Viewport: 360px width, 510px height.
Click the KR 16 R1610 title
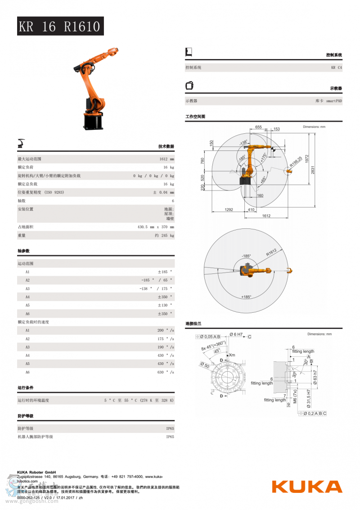[60, 27]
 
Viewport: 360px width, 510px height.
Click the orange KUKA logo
[306, 487]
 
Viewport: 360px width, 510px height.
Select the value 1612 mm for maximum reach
[166, 159]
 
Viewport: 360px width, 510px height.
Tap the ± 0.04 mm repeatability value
[163, 192]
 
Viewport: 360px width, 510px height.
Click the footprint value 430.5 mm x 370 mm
[156, 227]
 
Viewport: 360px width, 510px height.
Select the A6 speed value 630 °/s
[166, 372]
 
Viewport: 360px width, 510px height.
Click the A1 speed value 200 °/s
[166, 330]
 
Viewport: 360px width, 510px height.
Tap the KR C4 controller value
[337, 68]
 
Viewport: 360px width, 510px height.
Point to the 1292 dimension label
[229, 209]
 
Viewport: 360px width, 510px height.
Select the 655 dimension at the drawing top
[258, 127]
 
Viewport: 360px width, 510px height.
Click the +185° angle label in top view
[246, 297]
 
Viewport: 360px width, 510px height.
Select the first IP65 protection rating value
[170, 428]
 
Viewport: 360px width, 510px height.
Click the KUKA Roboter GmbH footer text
[36, 472]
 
